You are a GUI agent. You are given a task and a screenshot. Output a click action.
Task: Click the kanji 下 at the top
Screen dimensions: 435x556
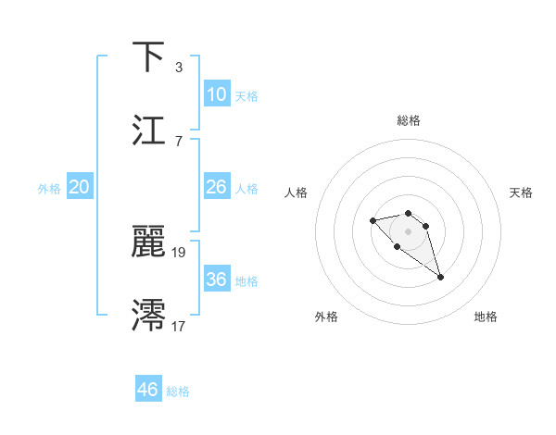(x=149, y=56)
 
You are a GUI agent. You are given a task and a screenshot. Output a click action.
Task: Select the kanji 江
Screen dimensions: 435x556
(x=149, y=130)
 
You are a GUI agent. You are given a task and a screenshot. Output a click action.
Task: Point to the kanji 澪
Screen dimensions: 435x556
(x=149, y=315)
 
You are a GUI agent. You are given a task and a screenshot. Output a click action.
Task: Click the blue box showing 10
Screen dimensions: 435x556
(x=216, y=94)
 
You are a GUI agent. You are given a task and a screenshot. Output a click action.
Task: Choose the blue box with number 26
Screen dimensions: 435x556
(x=216, y=187)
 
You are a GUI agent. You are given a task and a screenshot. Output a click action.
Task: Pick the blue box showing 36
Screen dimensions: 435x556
(x=216, y=280)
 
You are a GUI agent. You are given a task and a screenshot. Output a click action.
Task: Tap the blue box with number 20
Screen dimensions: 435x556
(x=80, y=187)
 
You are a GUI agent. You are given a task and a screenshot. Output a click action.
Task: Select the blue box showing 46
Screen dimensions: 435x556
(x=148, y=390)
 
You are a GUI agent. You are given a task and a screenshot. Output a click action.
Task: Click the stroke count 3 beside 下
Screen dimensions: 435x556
(x=178, y=68)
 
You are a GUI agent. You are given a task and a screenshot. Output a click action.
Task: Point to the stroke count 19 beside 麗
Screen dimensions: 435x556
(x=180, y=252)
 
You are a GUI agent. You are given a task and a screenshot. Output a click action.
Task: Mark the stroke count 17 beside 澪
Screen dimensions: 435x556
(x=180, y=326)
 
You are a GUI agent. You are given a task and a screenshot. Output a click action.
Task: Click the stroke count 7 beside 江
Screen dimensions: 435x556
(x=178, y=142)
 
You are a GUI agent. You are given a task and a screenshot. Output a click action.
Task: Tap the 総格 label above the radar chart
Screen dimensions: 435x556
(x=409, y=120)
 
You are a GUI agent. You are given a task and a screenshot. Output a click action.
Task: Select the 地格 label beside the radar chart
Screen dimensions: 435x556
(x=486, y=317)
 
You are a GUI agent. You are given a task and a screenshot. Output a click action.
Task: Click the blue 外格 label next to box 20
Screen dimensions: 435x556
(x=49, y=188)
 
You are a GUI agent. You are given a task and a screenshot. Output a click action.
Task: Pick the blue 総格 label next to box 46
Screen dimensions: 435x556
(x=178, y=391)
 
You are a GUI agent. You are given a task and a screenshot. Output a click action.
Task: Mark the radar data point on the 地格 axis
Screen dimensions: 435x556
(x=440, y=277)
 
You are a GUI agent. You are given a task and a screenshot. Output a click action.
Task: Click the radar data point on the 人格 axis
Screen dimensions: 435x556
(x=373, y=220)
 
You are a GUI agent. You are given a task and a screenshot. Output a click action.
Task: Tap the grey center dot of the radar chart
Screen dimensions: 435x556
(x=408, y=231)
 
